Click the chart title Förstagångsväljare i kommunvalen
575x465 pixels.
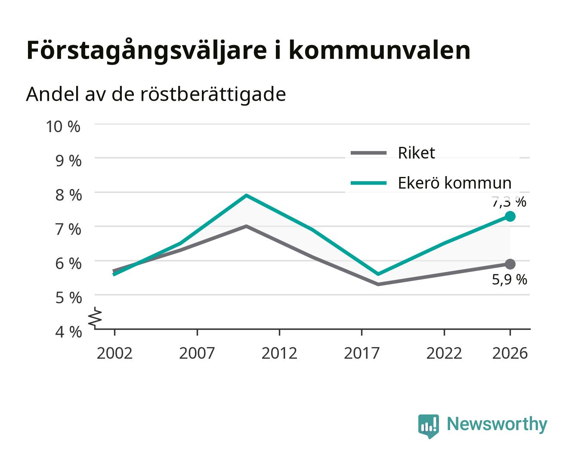tap(248, 51)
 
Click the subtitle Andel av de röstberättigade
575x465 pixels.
tap(156, 95)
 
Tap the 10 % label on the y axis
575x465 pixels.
tap(63, 127)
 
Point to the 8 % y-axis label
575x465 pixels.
tap(68, 195)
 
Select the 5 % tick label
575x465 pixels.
tap(68, 298)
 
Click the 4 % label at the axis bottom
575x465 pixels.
tap(68, 332)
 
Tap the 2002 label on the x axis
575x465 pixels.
tap(115, 353)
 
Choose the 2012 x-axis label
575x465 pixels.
tap(279, 353)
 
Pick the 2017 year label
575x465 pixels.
tap(362, 353)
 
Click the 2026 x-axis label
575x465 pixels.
tap(510, 353)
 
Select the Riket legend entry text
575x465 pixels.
tap(417, 153)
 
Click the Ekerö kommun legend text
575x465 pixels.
tap(455, 183)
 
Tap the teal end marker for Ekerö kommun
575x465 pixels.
tap(510, 216)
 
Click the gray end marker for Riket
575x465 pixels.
tap(510, 264)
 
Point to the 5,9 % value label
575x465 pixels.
tap(510, 279)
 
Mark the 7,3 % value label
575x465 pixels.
tap(509, 202)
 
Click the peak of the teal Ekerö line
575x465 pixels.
tap(246, 195)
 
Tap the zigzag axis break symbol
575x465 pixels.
tap(95, 318)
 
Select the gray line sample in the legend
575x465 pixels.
tap(368, 153)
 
